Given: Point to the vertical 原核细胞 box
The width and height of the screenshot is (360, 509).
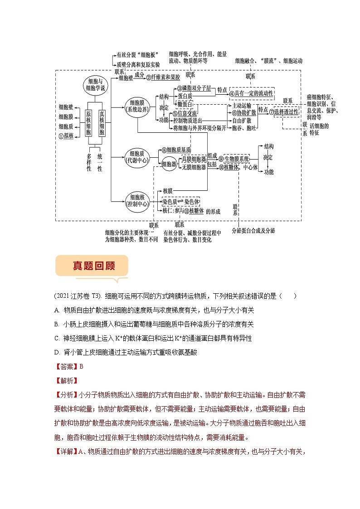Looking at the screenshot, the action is [x=89, y=123].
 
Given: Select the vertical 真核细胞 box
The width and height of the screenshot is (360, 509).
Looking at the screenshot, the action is [x=102, y=123].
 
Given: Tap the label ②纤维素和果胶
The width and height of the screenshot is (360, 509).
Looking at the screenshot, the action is [x=163, y=78].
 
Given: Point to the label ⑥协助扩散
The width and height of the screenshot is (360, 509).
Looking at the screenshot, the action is [x=244, y=112].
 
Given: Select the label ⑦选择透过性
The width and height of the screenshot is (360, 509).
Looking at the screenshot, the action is [x=284, y=111].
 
